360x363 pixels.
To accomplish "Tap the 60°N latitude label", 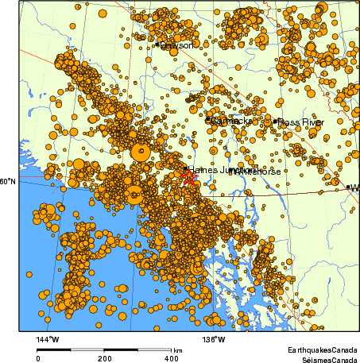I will tap(7, 182).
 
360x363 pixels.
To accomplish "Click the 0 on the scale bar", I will tap(38, 357).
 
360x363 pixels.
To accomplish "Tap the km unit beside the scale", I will tap(178, 349).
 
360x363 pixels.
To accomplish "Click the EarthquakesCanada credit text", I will tap(322, 349).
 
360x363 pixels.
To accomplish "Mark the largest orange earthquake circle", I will tap(141, 150).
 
